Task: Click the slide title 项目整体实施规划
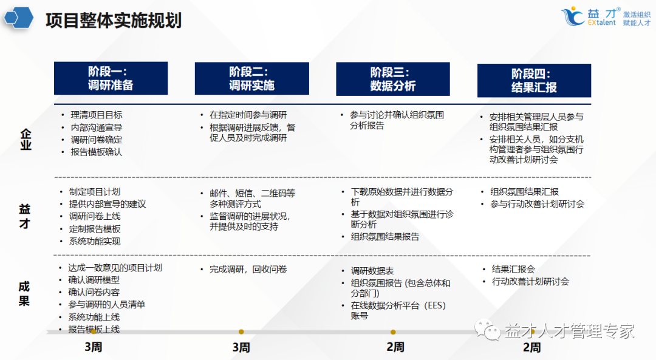(x=114, y=21)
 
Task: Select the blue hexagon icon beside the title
(x=18, y=18)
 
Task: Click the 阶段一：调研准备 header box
(x=111, y=78)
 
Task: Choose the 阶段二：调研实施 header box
(x=251, y=78)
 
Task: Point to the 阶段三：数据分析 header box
(x=393, y=79)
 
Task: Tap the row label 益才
(x=24, y=216)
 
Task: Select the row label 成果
(x=24, y=294)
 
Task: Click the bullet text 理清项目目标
(x=96, y=115)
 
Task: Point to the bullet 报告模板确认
(x=96, y=152)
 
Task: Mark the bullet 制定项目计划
(x=95, y=192)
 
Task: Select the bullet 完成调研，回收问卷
(x=248, y=269)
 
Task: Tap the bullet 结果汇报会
(x=513, y=269)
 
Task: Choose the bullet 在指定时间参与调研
(x=248, y=115)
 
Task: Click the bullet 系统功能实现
(x=95, y=241)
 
